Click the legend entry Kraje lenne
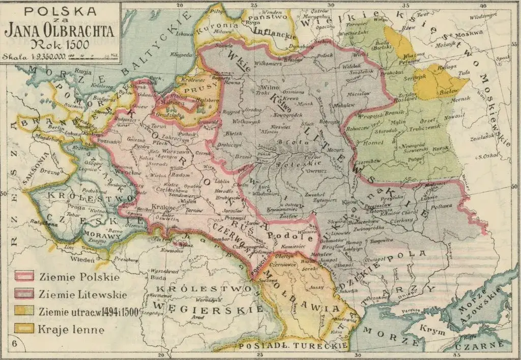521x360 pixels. (x=71, y=329)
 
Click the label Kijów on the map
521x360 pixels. (x=350, y=202)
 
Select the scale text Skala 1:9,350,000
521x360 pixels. (x=36, y=56)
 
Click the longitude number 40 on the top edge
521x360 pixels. (x=482, y=6)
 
